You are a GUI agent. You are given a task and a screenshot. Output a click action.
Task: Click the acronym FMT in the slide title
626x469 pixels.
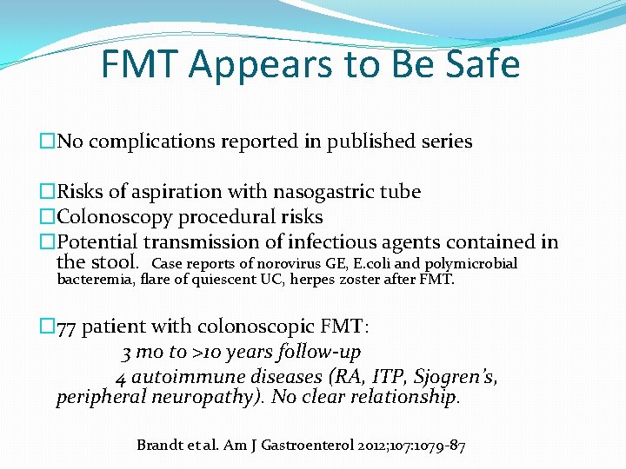pos(146,65)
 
